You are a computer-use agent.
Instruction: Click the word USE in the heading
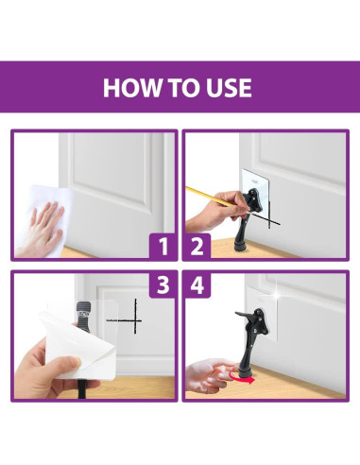pyautogui.click(x=227, y=88)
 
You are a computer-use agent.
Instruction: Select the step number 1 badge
pyautogui.click(x=163, y=247)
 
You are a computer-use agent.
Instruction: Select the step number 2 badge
pyautogui.click(x=197, y=247)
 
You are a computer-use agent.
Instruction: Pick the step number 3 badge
pyautogui.click(x=163, y=284)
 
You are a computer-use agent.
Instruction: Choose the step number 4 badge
pyautogui.click(x=197, y=284)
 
